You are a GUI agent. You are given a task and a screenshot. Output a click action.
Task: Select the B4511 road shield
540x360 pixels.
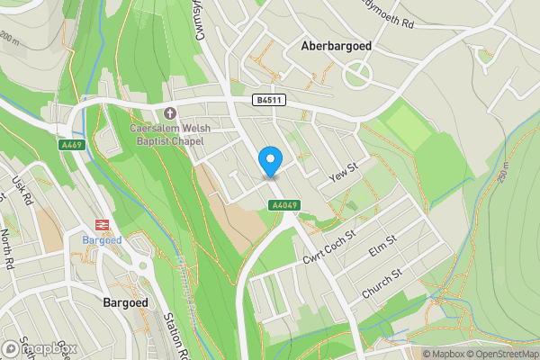click(264, 102)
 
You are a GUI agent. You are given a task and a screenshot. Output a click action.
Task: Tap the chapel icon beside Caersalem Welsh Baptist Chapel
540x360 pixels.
click(170, 112)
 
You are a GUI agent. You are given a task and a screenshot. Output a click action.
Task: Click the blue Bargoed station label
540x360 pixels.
click(101, 241)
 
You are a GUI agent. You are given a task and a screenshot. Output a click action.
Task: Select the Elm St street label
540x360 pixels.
click(383, 249)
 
